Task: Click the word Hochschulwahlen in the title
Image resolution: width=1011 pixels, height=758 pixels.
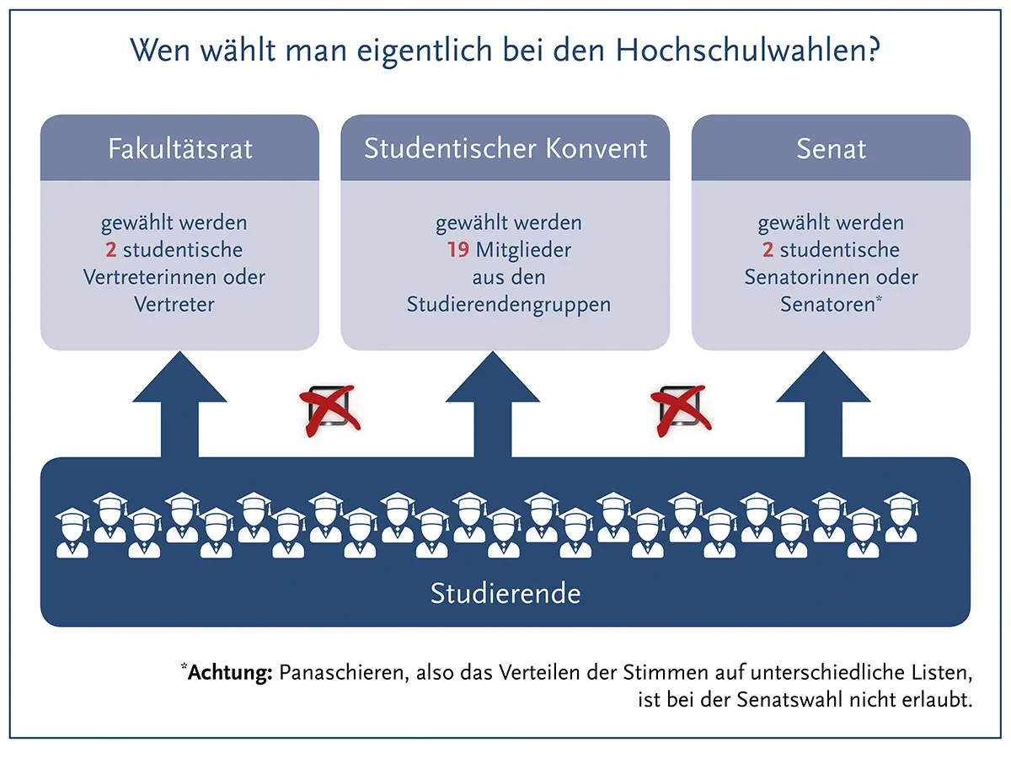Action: point(747,50)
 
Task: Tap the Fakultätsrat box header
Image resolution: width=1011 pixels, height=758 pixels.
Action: point(179,148)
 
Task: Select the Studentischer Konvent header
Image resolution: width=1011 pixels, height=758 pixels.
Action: point(505,148)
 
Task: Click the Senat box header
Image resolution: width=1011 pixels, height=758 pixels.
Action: point(831,148)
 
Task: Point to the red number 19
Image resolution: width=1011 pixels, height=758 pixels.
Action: point(457,250)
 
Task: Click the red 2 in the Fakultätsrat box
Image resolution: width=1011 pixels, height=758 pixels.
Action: point(110,250)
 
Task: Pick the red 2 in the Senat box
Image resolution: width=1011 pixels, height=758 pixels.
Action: point(768,250)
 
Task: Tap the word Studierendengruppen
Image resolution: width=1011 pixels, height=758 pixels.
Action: point(509,305)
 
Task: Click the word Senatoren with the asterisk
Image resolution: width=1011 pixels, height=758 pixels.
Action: point(831,304)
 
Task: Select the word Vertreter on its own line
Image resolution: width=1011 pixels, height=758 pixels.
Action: point(174,304)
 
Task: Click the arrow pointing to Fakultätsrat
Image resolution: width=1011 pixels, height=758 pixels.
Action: point(179,404)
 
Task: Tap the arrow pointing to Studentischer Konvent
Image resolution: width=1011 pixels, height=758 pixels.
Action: point(492,404)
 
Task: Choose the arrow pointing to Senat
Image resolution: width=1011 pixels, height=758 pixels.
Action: point(823,404)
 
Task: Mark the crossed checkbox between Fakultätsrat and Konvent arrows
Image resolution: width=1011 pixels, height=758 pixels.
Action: point(329,410)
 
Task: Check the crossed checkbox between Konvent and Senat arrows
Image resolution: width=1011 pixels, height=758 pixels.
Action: point(681,410)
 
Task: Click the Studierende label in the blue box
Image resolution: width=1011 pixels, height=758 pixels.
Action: point(505,593)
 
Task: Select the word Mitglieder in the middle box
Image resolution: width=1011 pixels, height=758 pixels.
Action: point(523,250)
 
